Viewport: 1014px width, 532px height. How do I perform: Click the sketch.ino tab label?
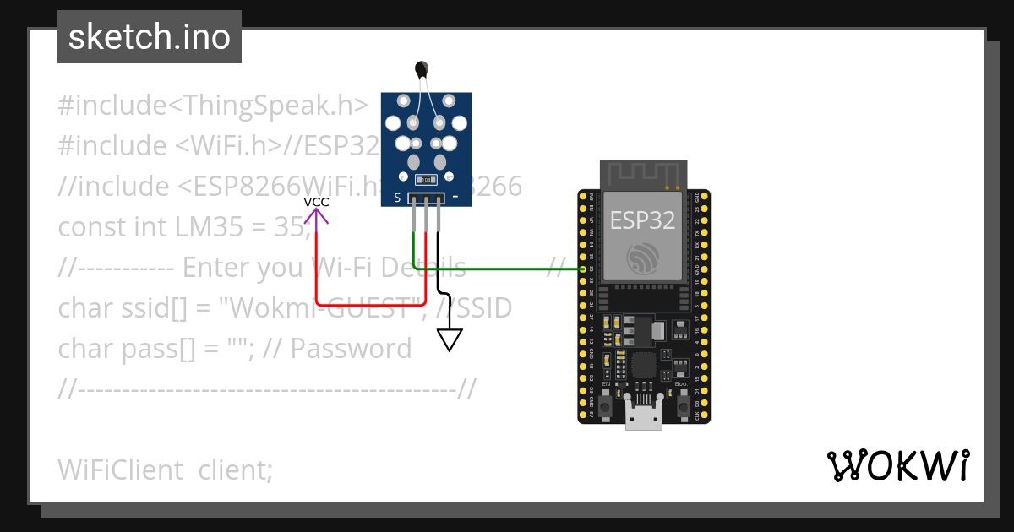click(150, 37)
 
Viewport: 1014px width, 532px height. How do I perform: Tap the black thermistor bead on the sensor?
click(422, 69)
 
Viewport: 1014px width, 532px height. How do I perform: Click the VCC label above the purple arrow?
click(317, 202)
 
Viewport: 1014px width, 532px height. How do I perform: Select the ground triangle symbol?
click(450, 339)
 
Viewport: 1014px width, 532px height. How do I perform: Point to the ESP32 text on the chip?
click(643, 220)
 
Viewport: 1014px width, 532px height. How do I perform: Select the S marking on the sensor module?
click(397, 199)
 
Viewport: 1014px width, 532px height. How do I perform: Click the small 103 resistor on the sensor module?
click(426, 179)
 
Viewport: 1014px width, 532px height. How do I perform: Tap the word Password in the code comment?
click(352, 349)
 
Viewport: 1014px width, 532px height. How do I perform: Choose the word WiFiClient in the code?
click(120, 470)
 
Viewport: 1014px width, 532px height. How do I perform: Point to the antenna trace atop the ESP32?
click(643, 174)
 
